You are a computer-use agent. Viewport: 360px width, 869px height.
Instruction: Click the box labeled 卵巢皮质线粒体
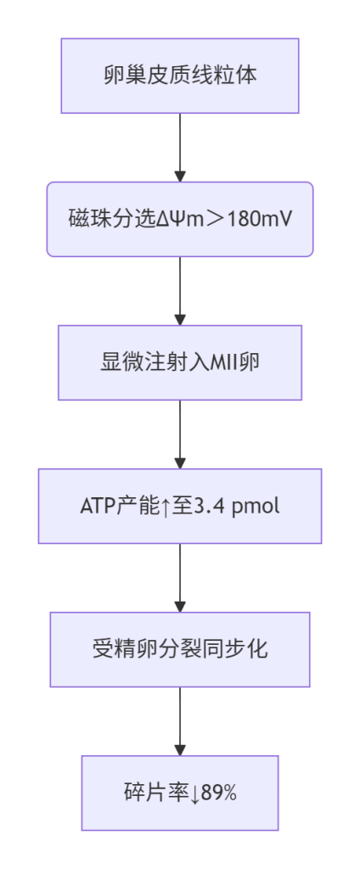(x=180, y=76)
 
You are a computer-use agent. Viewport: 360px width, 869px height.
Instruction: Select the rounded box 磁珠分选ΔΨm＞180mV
(x=180, y=219)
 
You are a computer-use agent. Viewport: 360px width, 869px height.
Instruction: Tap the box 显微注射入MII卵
(x=180, y=362)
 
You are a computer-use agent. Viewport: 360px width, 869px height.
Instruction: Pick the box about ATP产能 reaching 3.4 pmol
(x=180, y=506)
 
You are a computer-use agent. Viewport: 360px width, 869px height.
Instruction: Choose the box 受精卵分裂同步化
(x=180, y=649)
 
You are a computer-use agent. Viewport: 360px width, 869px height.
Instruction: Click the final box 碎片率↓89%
(x=180, y=793)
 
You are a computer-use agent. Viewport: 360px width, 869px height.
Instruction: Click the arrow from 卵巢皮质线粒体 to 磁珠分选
(x=180, y=148)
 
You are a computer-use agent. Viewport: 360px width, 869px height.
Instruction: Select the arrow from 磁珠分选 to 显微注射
(x=180, y=291)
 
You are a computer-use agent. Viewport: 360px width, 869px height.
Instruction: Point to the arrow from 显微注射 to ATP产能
(x=180, y=434)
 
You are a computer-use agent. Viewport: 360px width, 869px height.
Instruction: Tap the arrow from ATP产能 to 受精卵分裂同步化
(x=180, y=578)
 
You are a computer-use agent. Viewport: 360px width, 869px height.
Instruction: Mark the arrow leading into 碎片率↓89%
(x=180, y=721)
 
